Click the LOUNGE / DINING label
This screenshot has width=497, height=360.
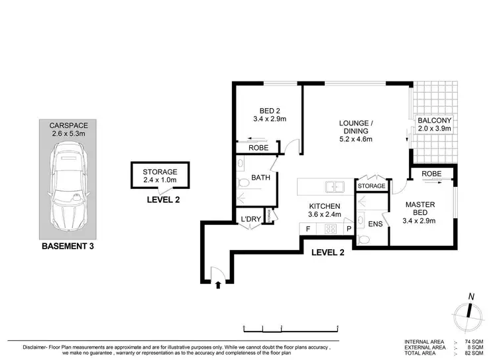coord(356,131)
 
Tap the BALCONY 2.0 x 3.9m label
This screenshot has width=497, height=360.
coord(434,124)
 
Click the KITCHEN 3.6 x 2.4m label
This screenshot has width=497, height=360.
coord(324,211)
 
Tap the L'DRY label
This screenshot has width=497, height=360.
coord(249,217)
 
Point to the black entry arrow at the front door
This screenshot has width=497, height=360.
coord(218,286)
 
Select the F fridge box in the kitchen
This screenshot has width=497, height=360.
coord(307,229)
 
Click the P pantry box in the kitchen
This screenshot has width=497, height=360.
coord(347,229)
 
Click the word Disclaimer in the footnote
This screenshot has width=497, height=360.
coord(25,347)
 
